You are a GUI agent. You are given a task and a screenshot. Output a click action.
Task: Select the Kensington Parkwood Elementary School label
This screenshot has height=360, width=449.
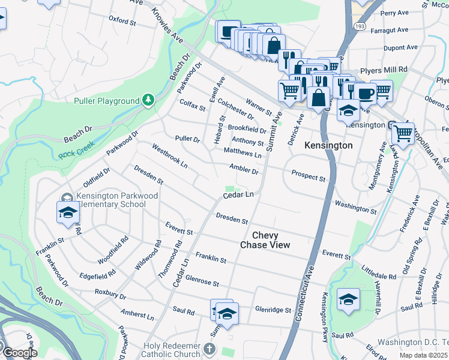pyautogui.click(x=112, y=200)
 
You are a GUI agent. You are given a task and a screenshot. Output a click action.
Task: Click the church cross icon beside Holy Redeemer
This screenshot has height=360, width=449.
pyautogui.click(x=208, y=349)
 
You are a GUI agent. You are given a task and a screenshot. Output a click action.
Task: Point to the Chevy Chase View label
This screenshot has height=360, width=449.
pyautogui.click(x=265, y=240)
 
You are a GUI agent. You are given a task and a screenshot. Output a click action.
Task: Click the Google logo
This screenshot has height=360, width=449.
pyautogui.click(x=19, y=353)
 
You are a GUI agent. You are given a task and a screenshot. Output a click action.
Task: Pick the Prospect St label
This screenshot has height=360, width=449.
pyautogui.click(x=308, y=178)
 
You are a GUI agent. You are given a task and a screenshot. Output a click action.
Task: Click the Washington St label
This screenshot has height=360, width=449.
pyautogui.click(x=355, y=208)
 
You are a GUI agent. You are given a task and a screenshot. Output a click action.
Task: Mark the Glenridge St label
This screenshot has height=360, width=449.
pyautogui.click(x=273, y=310)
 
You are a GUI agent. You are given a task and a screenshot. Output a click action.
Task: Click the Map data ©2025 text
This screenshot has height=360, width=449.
pyautogui.click(x=423, y=355)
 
